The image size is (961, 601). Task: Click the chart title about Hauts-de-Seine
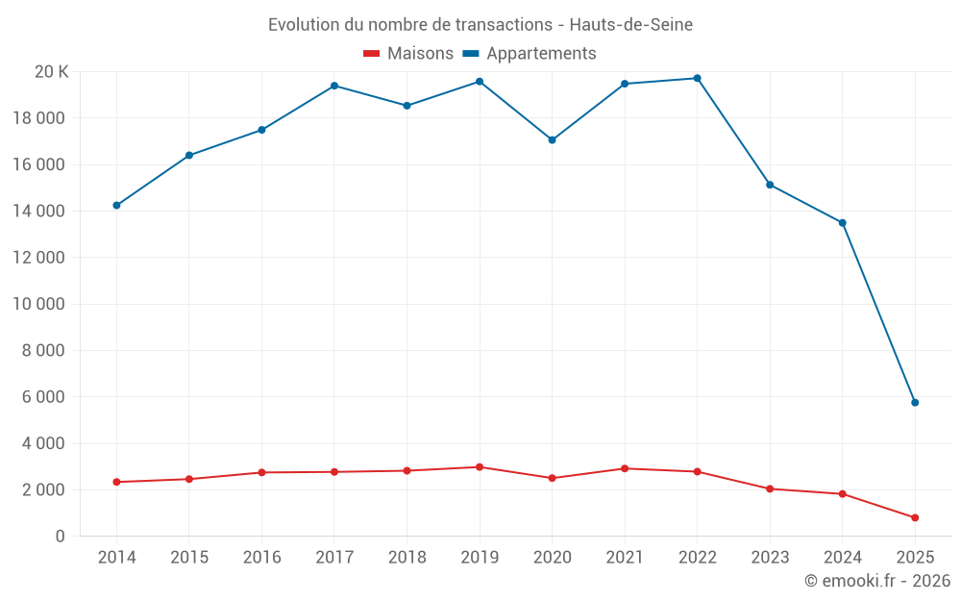(x=480, y=24)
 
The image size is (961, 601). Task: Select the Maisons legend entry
(x=408, y=53)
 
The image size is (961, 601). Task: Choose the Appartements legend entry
(x=530, y=53)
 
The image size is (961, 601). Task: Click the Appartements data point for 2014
(x=116, y=205)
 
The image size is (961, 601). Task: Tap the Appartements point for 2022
(x=697, y=78)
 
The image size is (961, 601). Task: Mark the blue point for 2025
(x=915, y=402)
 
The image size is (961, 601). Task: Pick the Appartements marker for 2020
(x=552, y=139)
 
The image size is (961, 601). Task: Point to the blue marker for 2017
(x=334, y=86)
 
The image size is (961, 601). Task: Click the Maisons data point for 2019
(x=480, y=467)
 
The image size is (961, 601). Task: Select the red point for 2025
(x=915, y=517)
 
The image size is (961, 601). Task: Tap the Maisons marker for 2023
(x=770, y=488)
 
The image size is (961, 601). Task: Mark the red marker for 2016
(x=261, y=472)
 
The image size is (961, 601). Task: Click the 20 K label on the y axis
(x=51, y=71)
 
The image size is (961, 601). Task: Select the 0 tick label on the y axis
(x=60, y=537)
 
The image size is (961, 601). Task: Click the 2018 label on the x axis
(x=407, y=557)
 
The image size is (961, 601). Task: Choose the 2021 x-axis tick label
(x=625, y=557)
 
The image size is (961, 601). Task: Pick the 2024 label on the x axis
(x=842, y=557)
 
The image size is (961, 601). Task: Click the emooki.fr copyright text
(x=876, y=581)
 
